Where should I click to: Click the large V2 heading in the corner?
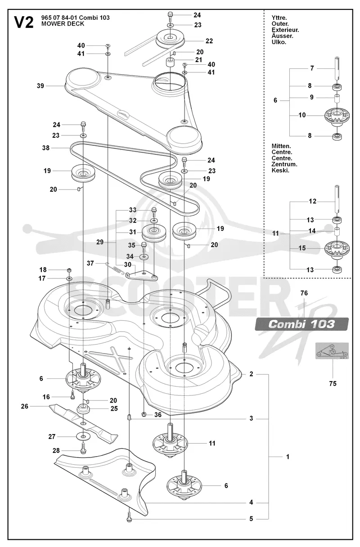tap(24, 22)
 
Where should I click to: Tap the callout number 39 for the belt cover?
tap(40, 86)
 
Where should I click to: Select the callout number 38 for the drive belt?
tap(45, 148)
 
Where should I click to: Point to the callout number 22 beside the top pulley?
tap(209, 41)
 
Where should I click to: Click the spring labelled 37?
tap(115, 268)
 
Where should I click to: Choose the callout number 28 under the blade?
tap(56, 451)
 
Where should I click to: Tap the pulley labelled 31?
tap(154, 233)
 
